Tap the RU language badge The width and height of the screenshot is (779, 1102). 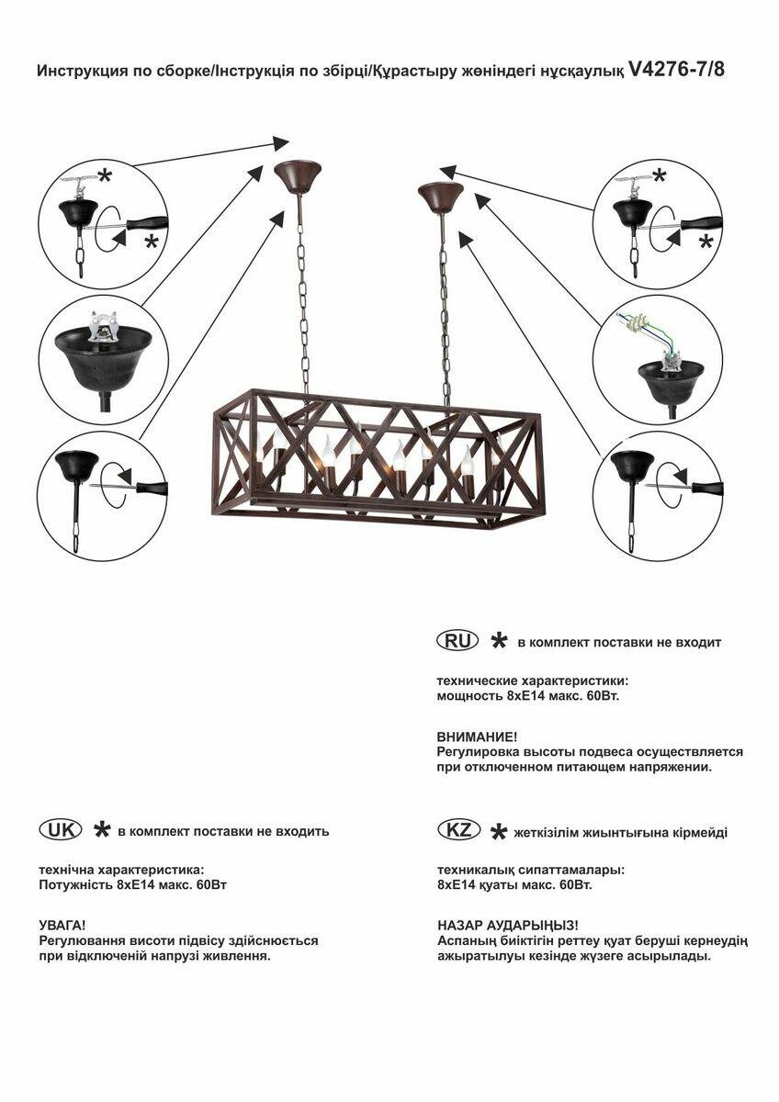click(x=457, y=641)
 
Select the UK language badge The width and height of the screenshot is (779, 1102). click(x=60, y=829)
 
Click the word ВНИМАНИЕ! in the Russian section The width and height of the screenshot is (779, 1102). click(x=477, y=737)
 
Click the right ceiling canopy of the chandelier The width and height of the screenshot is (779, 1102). click(x=440, y=195)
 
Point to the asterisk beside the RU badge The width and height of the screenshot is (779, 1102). click(x=499, y=641)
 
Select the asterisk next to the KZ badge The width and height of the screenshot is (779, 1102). click(x=499, y=831)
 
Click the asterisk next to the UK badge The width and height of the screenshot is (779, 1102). click(x=101, y=830)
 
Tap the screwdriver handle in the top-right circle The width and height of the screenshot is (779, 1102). click(x=703, y=223)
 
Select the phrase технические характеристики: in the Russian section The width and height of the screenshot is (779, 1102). click(x=533, y=681)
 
